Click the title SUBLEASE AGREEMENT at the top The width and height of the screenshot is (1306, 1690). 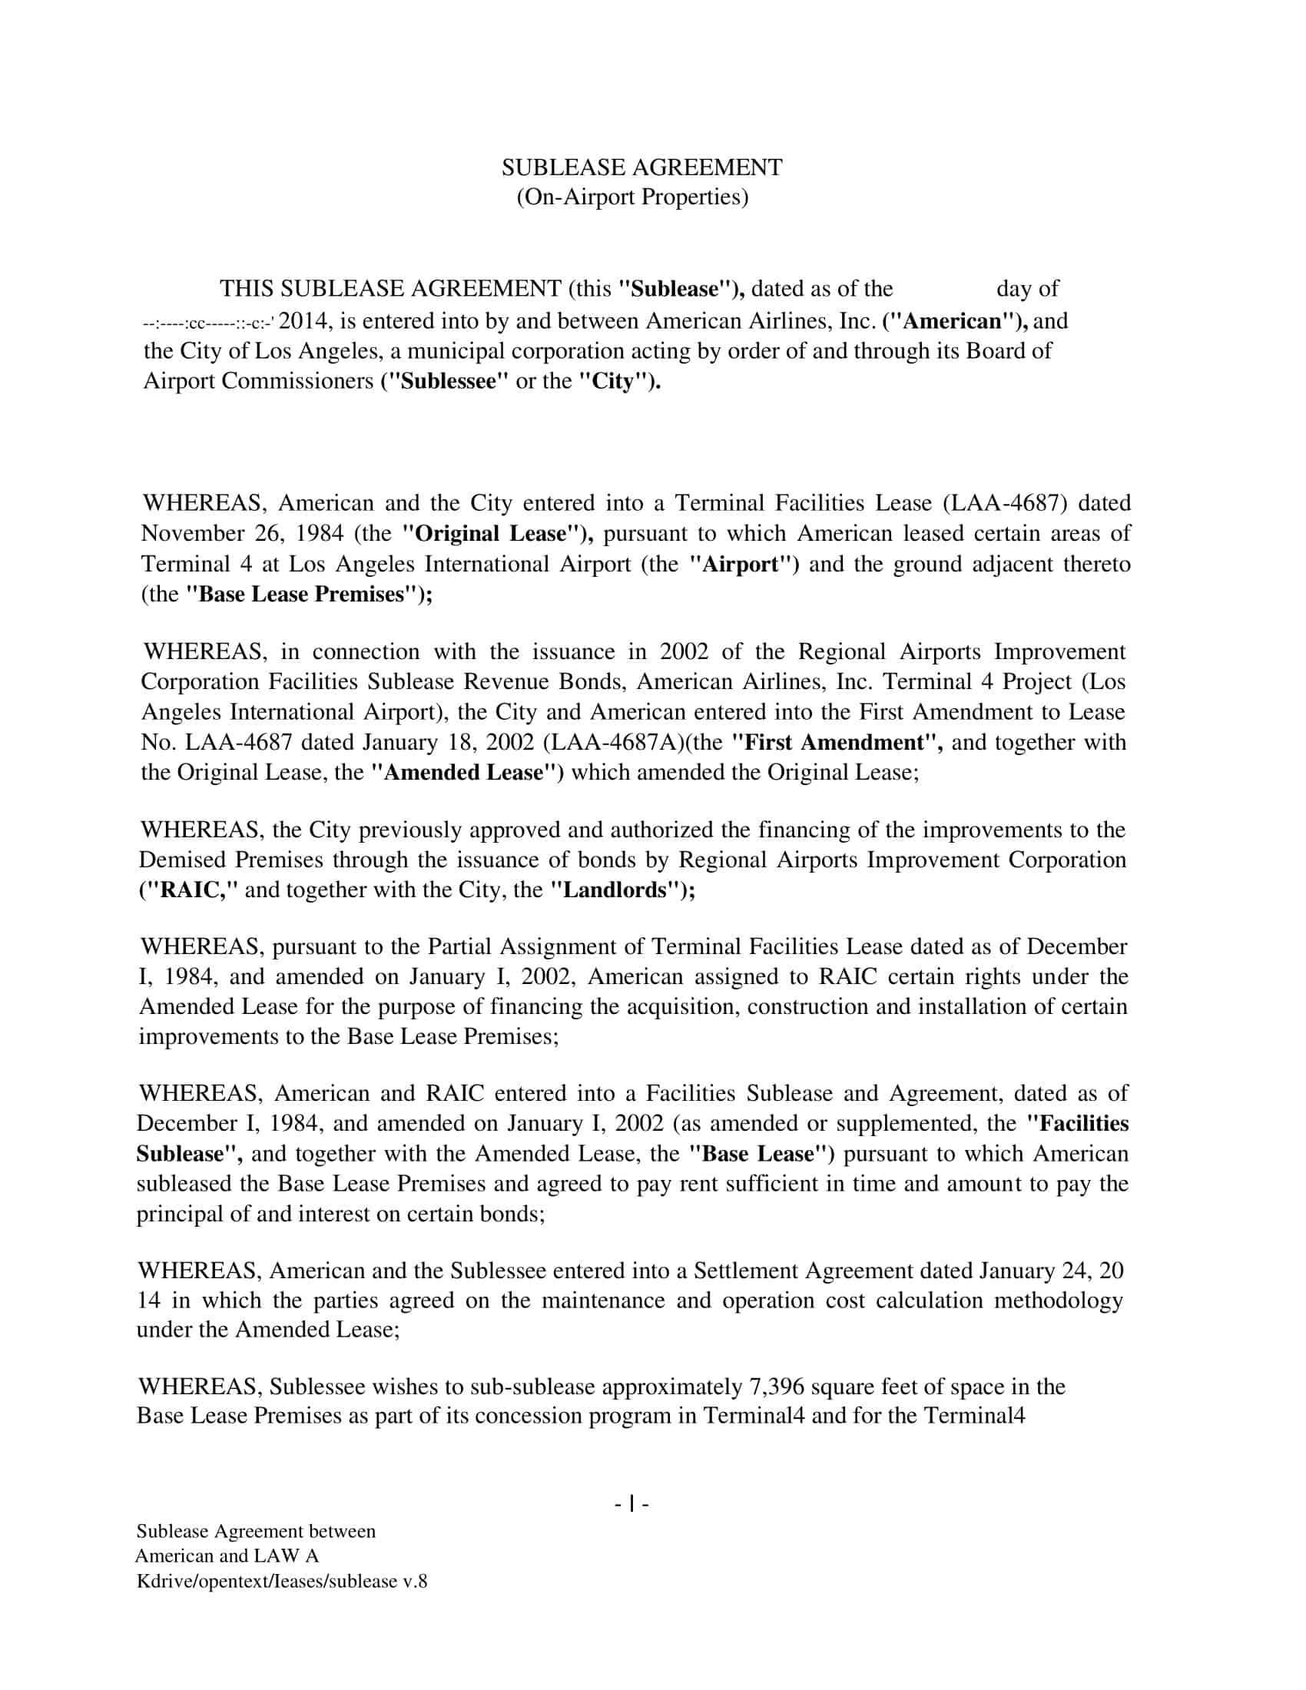tap(641, 168)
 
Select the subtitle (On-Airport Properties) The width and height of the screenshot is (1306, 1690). tap(632, 198)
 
